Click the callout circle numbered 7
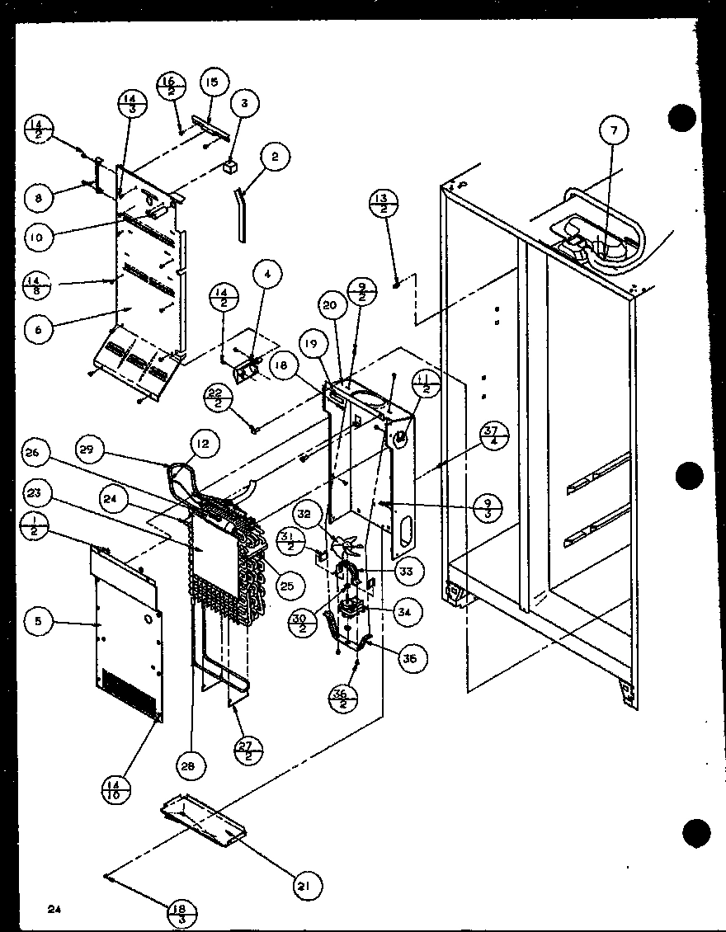(x=613, y=129)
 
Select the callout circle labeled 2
(x=275, y=156)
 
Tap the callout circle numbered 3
(x=244, y=103)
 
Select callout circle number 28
(x=188, y=765)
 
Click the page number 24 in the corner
(x=55, y=909)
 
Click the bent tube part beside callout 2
(x=241, y=213)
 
